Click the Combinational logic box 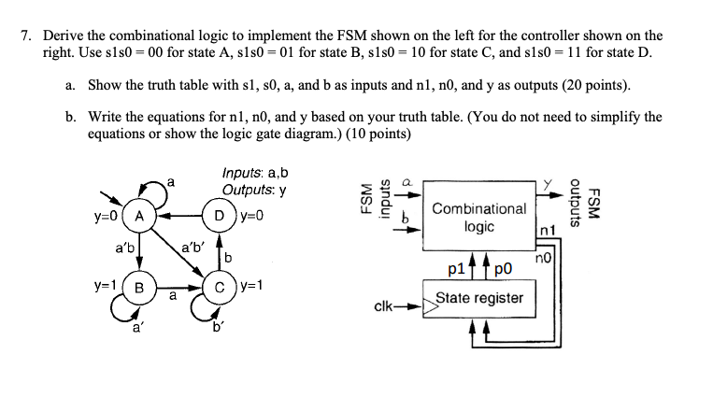pyautogui.click(x=478, y=218)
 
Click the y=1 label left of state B pyautogui.click(x=107, y=282)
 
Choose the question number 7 pyautogui.click(x=27, y=35)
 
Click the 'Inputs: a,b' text pyautogui.click(x=255, y=173)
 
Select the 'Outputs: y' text pyautogui.click(x=253, y=190)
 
